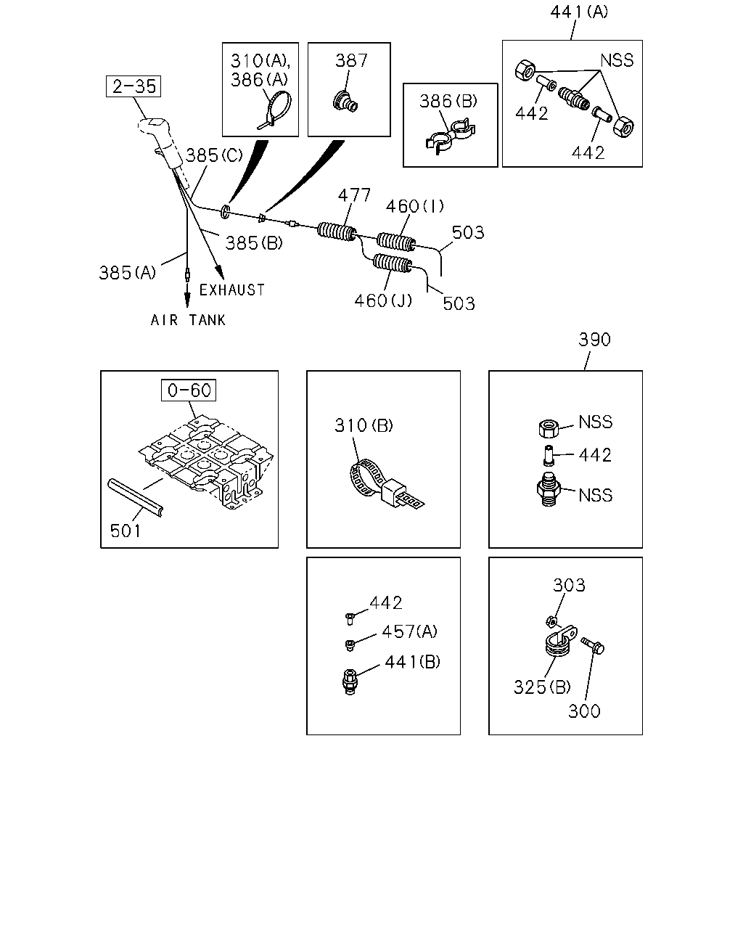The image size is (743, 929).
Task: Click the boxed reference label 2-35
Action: [134, 86]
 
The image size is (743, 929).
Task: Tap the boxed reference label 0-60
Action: [189, 390]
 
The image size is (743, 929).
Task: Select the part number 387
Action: [351, 60]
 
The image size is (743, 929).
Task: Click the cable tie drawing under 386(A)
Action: [275, 110]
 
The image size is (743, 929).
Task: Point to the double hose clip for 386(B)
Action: [451, 136]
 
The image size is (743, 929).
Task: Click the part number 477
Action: [354, 195]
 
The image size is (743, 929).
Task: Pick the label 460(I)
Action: [414, 206]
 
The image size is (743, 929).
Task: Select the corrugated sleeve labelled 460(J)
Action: [393, 263]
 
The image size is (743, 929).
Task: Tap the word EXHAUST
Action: [232, 290]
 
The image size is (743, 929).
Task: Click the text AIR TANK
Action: [188, 320]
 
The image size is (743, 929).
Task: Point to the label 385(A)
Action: [127, 273]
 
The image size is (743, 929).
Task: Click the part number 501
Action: [126, 531]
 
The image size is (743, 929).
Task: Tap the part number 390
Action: [594, 340]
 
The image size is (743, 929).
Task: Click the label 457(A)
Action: [409, 632]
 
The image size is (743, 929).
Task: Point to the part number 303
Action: [569, 586]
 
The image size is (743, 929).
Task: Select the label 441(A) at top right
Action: [578, 12]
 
